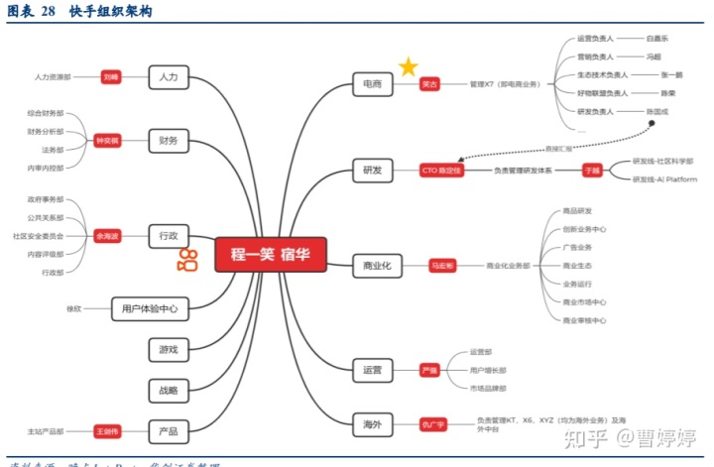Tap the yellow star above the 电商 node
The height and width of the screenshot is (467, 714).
(x=409, y=67)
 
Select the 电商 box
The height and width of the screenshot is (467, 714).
(x=373, y=85)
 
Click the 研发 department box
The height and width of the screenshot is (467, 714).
(x=373, y=171)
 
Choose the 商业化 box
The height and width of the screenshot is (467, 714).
(x=378, y=266)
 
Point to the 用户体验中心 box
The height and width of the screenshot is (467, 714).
(x=150, y=308)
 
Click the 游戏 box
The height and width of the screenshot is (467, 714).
(x=168, y=349)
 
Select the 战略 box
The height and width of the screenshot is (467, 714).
(x=168, y=391)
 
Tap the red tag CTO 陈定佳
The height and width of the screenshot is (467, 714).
(x=443, y=171)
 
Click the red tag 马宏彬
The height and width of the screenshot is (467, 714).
(x=442, y=266)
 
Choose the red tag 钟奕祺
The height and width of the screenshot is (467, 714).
(x=106, y=141)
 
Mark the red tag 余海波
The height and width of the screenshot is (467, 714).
(x=106, y=236)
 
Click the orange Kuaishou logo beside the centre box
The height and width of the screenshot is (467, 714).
(x=187, y=262)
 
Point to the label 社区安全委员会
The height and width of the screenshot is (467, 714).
(x=39, y=236)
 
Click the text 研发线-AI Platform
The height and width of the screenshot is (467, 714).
(x=664, y=179)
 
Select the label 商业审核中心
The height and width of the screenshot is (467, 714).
(x=584, y=320)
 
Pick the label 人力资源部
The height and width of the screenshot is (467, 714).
(x=53, y=76)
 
